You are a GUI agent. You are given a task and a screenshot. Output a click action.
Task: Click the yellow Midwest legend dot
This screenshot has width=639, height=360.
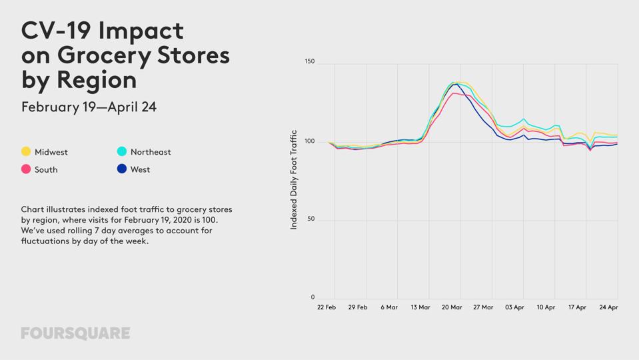pos(26,151)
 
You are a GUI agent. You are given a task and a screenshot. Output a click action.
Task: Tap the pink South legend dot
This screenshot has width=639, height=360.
pos(26,169)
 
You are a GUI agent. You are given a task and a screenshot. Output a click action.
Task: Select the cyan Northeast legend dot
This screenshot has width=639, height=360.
pos(122,151)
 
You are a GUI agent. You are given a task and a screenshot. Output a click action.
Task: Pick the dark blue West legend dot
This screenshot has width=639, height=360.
pos(122,169)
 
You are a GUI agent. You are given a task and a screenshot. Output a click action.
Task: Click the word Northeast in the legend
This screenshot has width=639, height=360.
pos(151,152)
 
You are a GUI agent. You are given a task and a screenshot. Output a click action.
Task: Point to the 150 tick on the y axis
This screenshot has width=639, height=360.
pos(309,61)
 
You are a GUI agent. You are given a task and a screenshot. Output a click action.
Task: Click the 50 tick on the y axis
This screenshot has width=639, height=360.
pos(311,219)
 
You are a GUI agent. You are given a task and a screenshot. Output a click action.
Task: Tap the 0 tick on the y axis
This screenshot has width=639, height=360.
pos(313,297)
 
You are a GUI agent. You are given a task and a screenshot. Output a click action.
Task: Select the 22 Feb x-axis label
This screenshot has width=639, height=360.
pos(326,307)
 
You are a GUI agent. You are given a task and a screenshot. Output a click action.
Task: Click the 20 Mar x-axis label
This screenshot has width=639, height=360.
pos(452,307)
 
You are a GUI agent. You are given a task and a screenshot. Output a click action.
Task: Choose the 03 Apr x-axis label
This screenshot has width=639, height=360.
pos(514,307)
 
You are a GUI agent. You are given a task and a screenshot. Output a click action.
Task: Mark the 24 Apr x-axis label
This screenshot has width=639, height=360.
pos(608,307)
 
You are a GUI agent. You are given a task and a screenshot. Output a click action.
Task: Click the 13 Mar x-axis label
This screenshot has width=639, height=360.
pos(420,307)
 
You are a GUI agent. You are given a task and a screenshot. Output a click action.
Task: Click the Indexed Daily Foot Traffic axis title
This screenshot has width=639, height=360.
pos(294,180)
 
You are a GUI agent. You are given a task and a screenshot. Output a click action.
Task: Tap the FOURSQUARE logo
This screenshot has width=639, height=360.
pos(75,333)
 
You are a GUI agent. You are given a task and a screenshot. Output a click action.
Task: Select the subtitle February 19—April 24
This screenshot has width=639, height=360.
pos(89,107)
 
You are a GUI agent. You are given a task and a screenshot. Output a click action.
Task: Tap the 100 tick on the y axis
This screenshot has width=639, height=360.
pos(309,141)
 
